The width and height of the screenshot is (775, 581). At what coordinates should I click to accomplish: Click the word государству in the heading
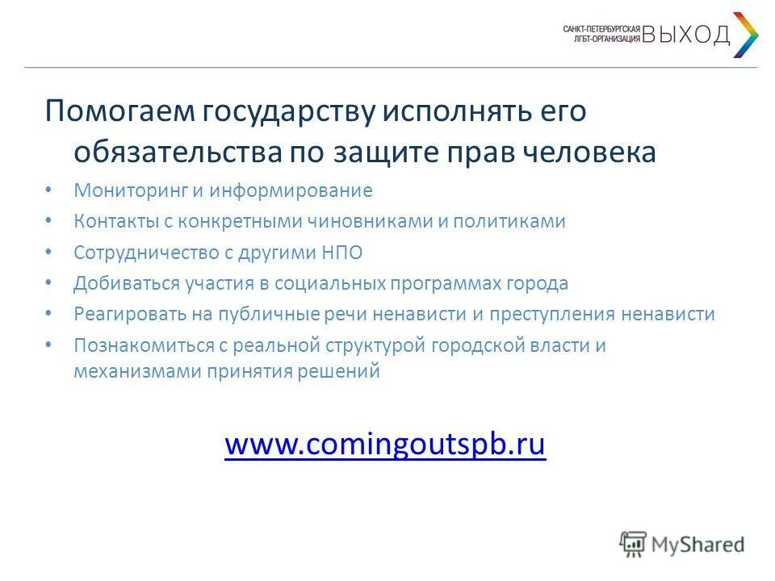(x=273, y=112)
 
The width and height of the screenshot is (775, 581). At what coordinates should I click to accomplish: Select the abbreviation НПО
(x=341, y=253)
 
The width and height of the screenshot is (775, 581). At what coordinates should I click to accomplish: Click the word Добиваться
(x=120, y=283)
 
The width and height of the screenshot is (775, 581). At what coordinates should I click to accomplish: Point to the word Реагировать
(x=122, y=314)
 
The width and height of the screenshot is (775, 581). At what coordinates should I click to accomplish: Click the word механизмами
(x=123, y=372)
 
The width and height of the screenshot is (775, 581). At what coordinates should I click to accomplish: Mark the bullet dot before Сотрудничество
(x=48, y=253)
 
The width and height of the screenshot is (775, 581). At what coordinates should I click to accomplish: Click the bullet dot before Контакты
(x=48, y=221)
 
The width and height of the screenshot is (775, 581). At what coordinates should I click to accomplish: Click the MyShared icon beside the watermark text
(x=634, y=544)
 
